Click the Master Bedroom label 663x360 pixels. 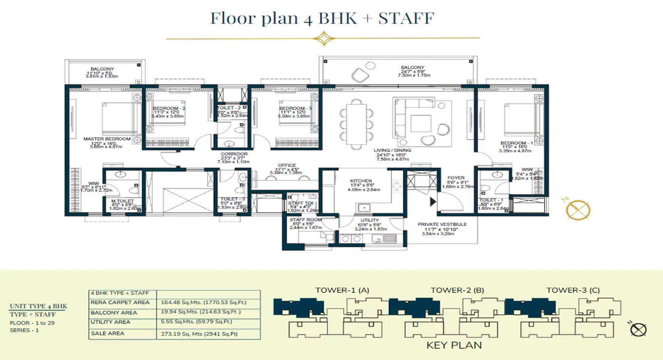point(107,139)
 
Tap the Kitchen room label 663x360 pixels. point(361,181)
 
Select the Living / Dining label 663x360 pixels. point(392,150)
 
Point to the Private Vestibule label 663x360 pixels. point(442,224)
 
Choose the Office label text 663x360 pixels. point(287,165)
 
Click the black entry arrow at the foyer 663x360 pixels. point(432,201)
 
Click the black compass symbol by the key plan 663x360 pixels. point(638,330)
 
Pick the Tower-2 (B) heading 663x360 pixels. point(457,290)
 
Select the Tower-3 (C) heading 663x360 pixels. point(573,290)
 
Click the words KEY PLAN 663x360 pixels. point(454,345)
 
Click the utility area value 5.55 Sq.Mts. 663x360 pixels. point(175,322)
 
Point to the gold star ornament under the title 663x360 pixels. point(322,38)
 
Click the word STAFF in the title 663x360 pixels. point(406,19)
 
